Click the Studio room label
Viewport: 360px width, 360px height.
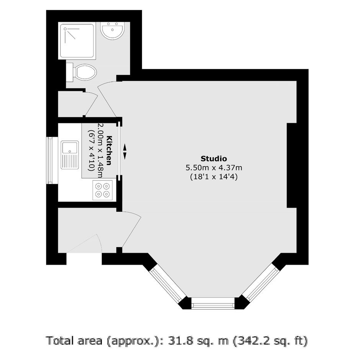click(214, 159)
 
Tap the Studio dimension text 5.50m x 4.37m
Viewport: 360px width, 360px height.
click(214, 168)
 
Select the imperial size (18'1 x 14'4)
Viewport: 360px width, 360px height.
click(214, 177)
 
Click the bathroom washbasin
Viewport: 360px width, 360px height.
click(113, 31)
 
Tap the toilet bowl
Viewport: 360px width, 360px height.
click(85, 72)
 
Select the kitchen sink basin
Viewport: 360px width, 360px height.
click(70, 147)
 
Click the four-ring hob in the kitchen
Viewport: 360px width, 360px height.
click(103, 190)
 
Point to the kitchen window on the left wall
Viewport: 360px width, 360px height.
click(49, 160)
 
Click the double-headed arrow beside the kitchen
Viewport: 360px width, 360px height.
click(125, 152)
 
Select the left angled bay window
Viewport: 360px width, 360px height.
click(167, 284)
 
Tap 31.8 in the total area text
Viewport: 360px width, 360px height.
click(177, 340)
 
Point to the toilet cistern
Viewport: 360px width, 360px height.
click(70, 72)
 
